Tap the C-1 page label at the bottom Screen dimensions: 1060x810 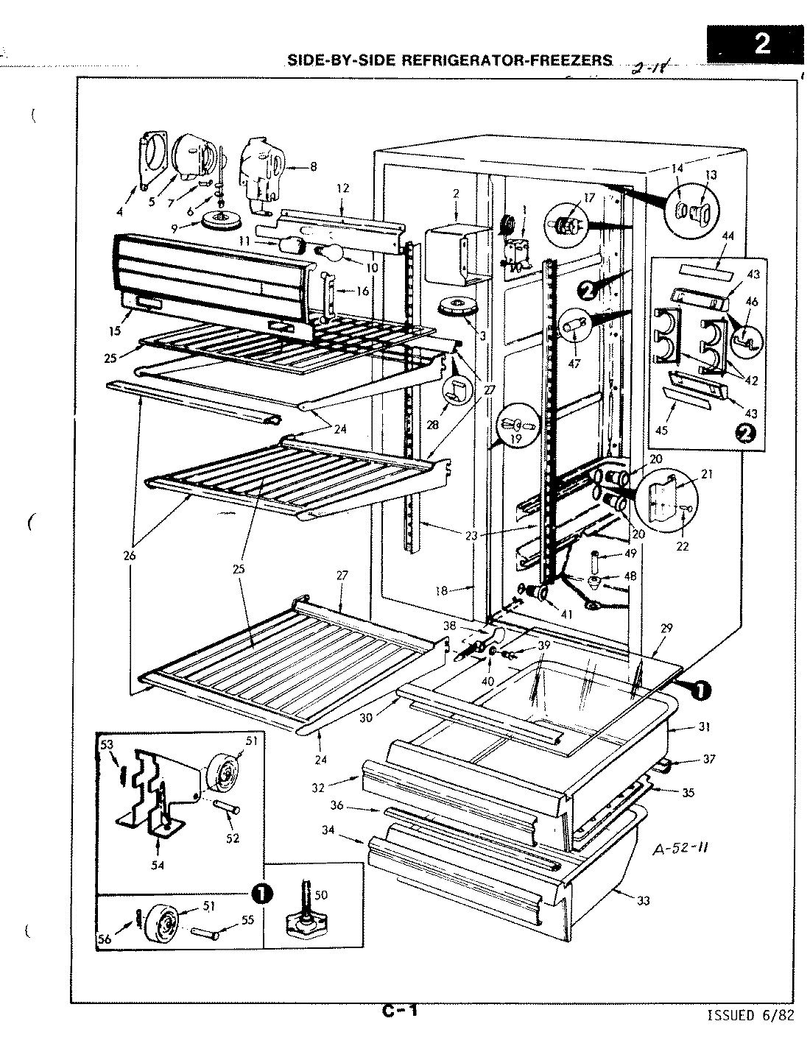tap(400, 1011)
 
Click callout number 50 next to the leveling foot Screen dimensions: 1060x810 tap(320, 894)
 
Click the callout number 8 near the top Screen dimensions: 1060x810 tap(313, 167)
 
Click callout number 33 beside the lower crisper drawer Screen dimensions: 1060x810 tap(644, 900)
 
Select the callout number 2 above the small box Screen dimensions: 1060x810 tap(456, 194)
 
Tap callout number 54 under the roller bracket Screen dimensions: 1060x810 tap(158, 866)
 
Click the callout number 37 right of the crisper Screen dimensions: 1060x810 tap(709, 758)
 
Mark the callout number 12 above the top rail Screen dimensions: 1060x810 tap(342, 188)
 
